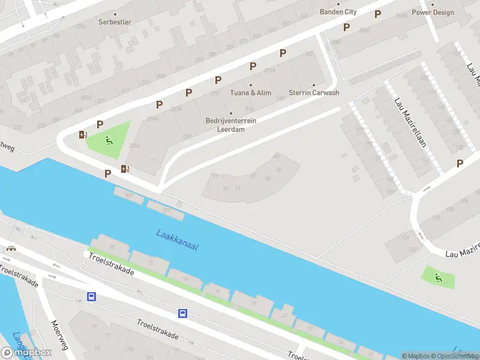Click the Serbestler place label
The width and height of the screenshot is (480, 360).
[115, 22]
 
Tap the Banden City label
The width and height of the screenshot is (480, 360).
[338, 12]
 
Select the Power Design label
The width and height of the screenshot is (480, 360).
[433, 12]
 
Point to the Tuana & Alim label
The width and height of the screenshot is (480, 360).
[251, 93]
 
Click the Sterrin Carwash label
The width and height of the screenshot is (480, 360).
[314, 93]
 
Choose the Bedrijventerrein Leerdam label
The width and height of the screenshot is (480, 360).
[231, 124]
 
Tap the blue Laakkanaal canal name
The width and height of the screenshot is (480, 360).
[177, 240]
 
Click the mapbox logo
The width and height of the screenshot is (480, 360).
[26, 352]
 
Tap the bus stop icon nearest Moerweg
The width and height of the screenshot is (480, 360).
[92, 296]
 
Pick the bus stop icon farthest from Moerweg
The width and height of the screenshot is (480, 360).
[182, 313]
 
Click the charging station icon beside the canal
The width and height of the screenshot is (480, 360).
[125, 169]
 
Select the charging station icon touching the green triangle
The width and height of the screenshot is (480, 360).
[83, 134]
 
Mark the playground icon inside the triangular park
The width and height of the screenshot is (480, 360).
[109, 141]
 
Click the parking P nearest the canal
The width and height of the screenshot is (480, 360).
[107, 174]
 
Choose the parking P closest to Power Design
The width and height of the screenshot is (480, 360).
[377, 14]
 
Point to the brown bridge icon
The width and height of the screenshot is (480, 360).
[10, 248]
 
